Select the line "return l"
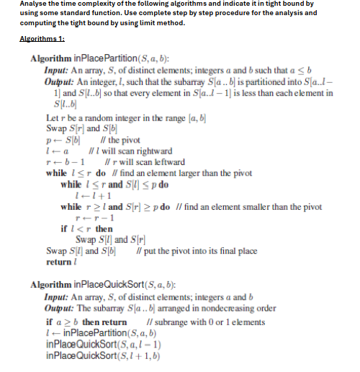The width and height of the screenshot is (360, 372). pyautogui.click(x=59, y=262)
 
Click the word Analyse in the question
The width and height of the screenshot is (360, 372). pyautogui.click(x=17, y=4)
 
